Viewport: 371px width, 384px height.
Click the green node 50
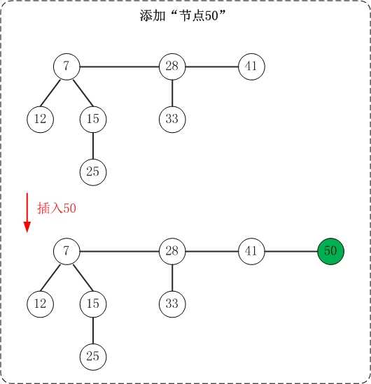[x=330, y=251]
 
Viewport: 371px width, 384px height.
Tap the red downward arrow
[x=27, y=213]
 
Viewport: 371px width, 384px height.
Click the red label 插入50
[x=57, y=208]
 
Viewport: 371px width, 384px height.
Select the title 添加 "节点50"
[x=182, y=15]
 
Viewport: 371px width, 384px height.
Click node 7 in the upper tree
[x=66, y=66]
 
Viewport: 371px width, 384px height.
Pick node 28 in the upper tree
[x=172, y=66]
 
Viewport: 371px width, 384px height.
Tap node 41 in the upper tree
[x=251, y=66]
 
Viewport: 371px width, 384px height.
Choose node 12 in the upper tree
[x=40, y=120]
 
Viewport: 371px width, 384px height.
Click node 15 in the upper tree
[x=93, y=120]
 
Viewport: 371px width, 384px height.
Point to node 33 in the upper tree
[x=172, y=120]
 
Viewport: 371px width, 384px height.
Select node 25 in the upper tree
[x=93, y=172]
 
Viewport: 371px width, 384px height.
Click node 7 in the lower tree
[x=66, y=251]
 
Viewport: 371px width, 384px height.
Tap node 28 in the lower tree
[x=172, y=251]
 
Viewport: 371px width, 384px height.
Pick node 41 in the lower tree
[x=251, y=251]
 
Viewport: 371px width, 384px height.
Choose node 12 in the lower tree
[x=40, y=304]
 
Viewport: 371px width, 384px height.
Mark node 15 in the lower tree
[x=93, y=304]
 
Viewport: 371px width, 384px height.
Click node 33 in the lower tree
[x=172, y=304]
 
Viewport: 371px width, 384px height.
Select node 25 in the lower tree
[x=93, y=357]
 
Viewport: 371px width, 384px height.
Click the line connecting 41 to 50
[x=291, y=251]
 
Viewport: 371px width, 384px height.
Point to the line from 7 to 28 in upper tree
[x=120, y=66]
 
